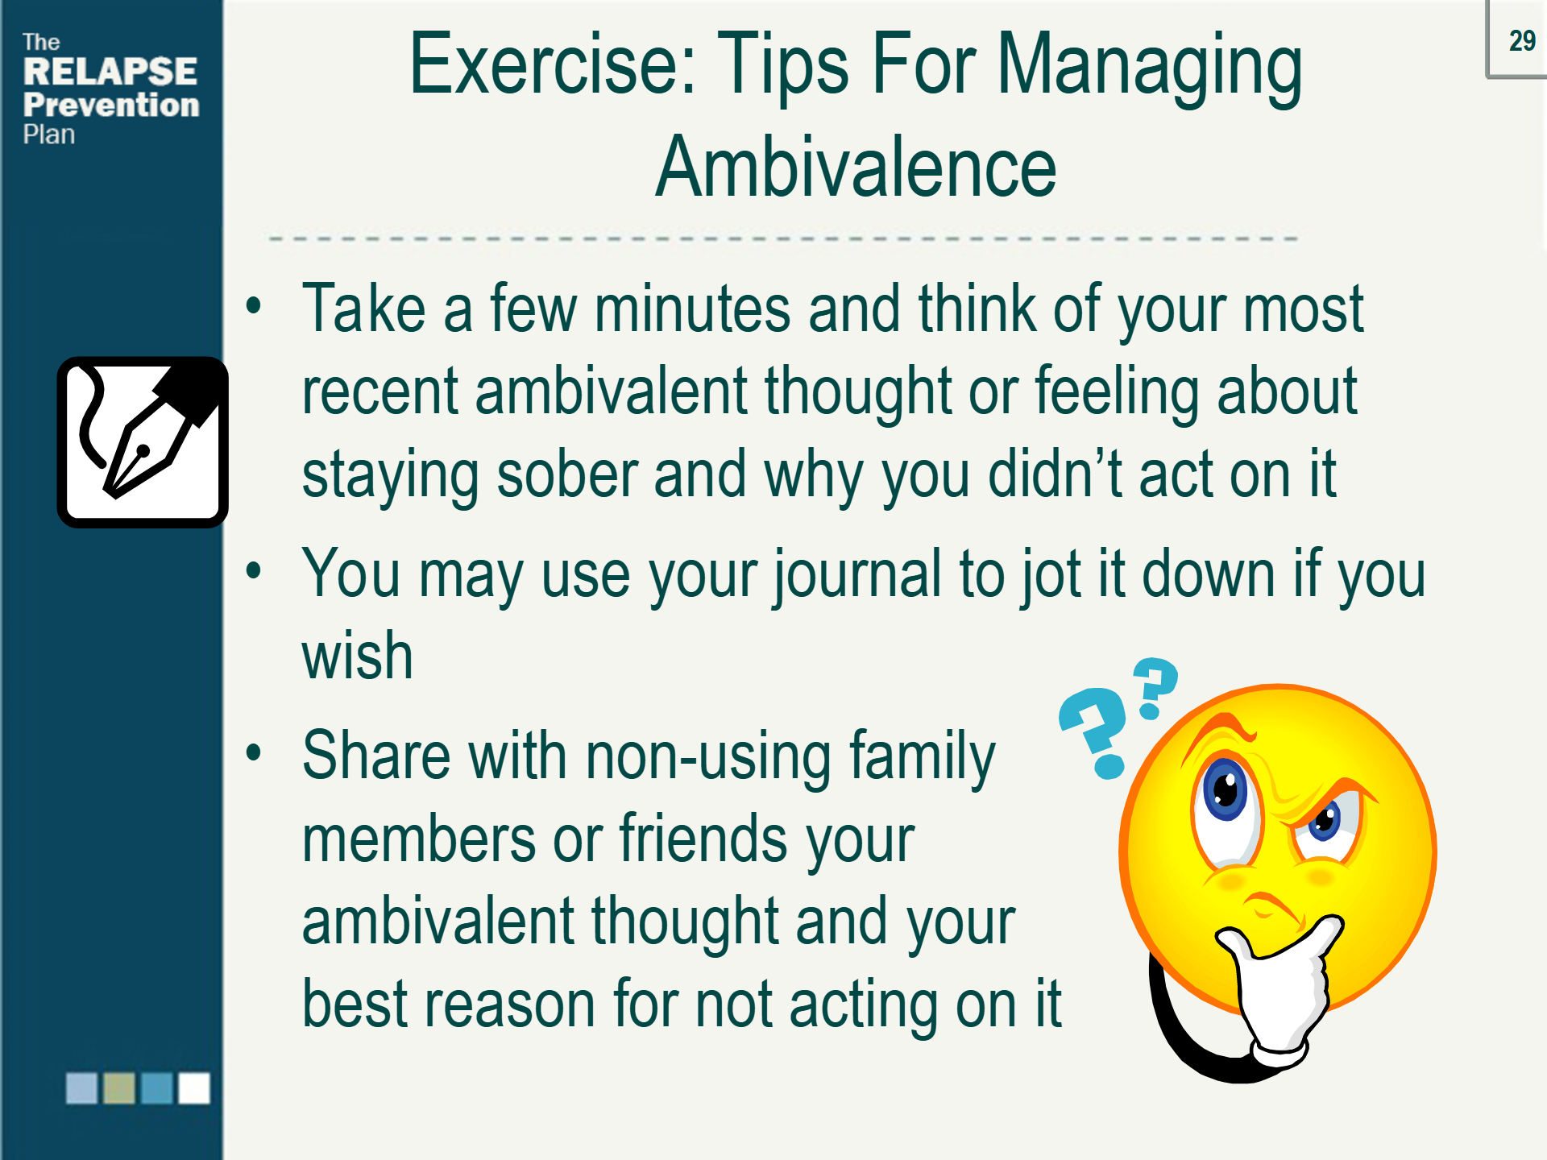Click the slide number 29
1522,40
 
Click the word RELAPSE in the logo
110,72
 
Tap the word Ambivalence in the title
856,167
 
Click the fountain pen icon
143,442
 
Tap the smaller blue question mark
1155,686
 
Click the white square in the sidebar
194,1087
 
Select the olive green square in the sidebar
119,1087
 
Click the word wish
358,655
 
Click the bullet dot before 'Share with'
255,753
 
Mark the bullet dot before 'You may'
255,571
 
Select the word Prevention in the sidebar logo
111,105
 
